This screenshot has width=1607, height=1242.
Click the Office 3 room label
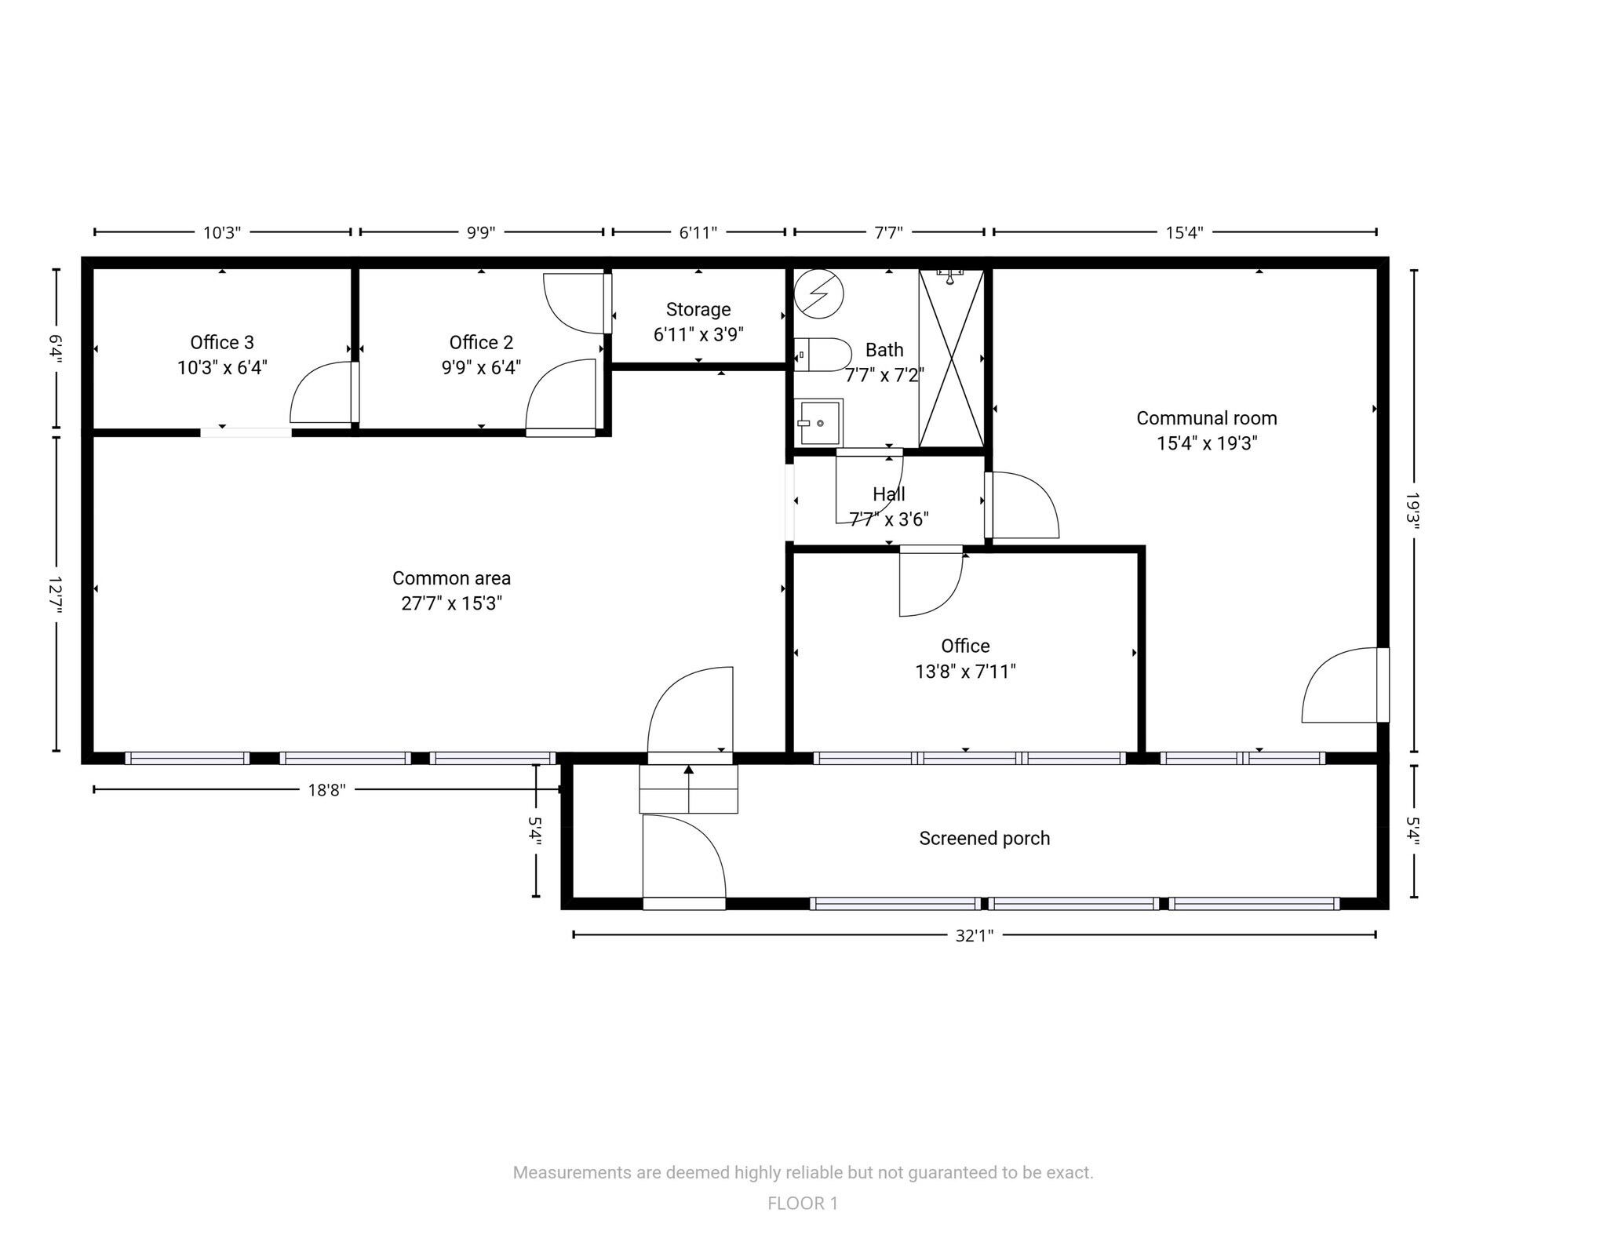coord(222,343)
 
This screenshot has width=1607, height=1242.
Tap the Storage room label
coord(698,310)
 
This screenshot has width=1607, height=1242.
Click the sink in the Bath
coord(818,423)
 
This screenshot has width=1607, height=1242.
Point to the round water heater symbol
coord(818,294)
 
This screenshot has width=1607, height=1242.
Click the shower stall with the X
coord(951,359)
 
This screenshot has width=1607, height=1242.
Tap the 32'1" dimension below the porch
coord(974,935)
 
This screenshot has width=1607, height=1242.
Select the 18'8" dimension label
coord(326,790)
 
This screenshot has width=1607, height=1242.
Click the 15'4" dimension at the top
coord(1183,232)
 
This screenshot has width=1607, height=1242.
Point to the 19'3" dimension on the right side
coord(1413,511)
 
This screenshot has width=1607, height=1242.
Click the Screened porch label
coord(984,839)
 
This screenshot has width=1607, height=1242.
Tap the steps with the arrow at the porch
coord(688,789)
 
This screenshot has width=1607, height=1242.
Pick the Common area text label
coord(451,579)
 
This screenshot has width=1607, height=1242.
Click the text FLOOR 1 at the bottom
coord(802,1204)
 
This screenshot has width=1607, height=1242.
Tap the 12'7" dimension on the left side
coord(56,594)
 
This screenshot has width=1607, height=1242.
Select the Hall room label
coord(888,494)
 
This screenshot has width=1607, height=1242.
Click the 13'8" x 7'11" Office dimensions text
coord(965,672)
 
